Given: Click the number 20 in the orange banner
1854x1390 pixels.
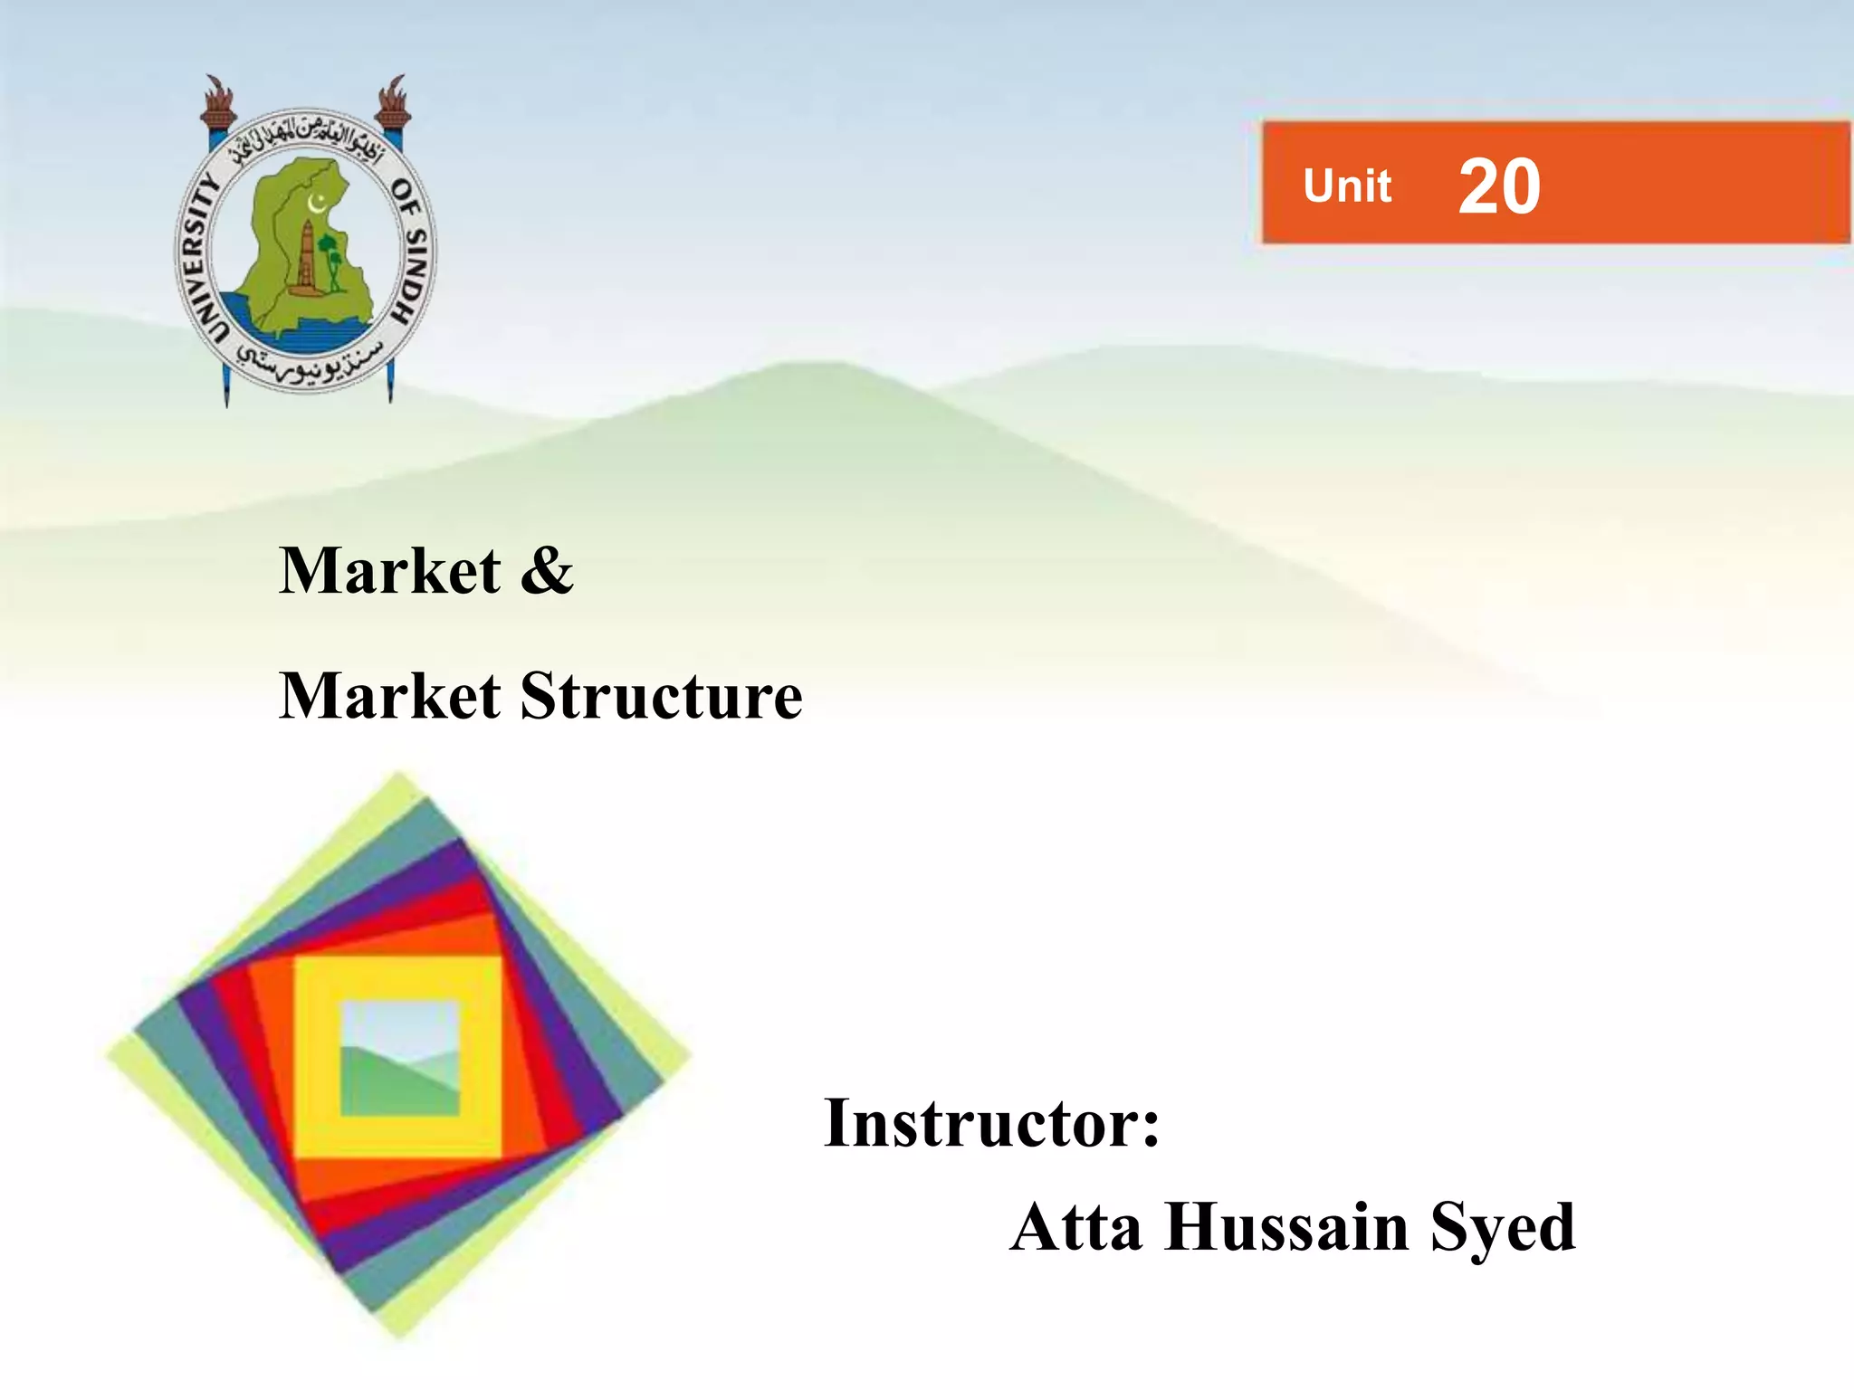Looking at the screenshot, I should [1499, 186].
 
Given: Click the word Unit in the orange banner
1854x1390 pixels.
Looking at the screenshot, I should [1347, 186].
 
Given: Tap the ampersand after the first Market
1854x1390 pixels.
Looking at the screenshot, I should [547, 571].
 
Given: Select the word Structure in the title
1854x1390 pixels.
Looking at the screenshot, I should [662, 696].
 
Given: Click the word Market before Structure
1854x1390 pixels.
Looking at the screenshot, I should [390, 696].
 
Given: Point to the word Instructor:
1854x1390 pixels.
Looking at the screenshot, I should [991, 1123].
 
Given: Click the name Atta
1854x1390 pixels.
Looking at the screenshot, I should [1076, 1227].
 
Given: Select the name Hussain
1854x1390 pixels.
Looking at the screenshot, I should [1286, 1227].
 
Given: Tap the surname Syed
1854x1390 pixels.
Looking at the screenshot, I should [1503, 1229].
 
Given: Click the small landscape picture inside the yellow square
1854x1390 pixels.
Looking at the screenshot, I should [399, 1058].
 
